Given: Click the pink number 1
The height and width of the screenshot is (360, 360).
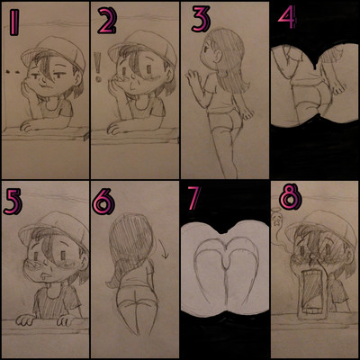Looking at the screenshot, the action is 13,22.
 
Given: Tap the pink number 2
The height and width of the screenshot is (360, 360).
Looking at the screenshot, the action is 107,21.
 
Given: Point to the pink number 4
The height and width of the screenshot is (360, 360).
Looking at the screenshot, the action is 287,17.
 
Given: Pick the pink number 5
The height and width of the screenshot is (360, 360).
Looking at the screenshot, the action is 13,202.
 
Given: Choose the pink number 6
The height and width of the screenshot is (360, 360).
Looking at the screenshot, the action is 103,202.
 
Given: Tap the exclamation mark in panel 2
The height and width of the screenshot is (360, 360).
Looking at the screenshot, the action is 97,67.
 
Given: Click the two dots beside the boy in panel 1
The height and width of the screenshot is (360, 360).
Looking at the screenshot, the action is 13,72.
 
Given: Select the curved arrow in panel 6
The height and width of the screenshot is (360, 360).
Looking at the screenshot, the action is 163,249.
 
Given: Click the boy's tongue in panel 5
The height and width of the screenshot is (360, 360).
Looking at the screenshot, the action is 44,277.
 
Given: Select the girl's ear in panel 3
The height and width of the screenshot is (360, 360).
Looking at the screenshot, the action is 219,55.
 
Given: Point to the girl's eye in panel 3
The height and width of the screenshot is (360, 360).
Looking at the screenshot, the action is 208,49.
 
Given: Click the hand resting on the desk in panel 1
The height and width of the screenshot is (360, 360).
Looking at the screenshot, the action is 29,126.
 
